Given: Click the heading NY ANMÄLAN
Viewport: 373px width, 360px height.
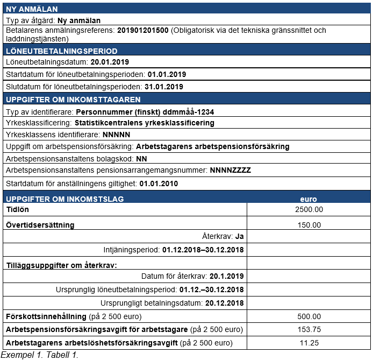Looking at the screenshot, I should (x=32, y=9).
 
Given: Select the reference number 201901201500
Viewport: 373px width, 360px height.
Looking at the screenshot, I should (x=142, y=31).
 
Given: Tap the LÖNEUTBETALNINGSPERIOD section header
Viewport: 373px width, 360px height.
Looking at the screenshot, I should (x=61, y=51).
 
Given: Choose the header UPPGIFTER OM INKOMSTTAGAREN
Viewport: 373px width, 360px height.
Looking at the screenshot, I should (x=73, y=100).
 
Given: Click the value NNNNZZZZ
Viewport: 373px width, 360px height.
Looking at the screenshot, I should (x=231, y=171).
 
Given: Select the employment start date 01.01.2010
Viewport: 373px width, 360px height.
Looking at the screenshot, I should (x=159, y=183).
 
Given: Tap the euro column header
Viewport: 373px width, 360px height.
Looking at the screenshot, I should (x=309, y=199).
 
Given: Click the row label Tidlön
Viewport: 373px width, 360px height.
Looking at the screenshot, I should (x=17, y=209).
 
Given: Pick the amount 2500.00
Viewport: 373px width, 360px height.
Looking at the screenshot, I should (x=309, y=209).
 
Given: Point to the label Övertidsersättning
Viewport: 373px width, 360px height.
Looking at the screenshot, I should (x=40, y=224).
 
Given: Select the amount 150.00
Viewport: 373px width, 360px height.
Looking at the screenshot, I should (x=309, y=225).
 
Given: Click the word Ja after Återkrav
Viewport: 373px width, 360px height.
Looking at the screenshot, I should (x=240, y=236).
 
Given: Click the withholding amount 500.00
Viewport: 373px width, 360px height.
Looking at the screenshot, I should (x=309, y=316).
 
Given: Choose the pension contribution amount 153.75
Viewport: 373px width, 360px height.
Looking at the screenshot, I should (x=309, y=329).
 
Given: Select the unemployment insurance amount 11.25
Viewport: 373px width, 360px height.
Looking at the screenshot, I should (x=309, y=343).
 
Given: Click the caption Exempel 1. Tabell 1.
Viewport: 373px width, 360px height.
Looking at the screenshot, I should (x=40, y=355).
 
